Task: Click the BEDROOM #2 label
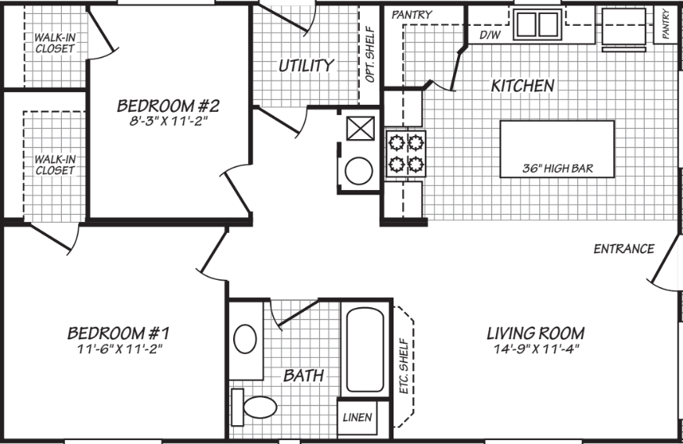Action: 167,105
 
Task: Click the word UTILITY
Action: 307,66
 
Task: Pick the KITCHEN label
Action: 523,86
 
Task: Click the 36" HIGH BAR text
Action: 557,169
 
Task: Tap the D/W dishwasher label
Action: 490,34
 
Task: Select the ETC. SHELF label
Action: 404,365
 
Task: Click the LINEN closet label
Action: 358,416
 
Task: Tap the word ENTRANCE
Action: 624,249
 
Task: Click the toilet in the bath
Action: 256,406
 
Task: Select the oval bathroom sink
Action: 246,341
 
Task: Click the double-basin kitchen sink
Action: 537,24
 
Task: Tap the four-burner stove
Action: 405,153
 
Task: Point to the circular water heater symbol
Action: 359,171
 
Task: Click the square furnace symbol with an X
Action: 359,127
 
